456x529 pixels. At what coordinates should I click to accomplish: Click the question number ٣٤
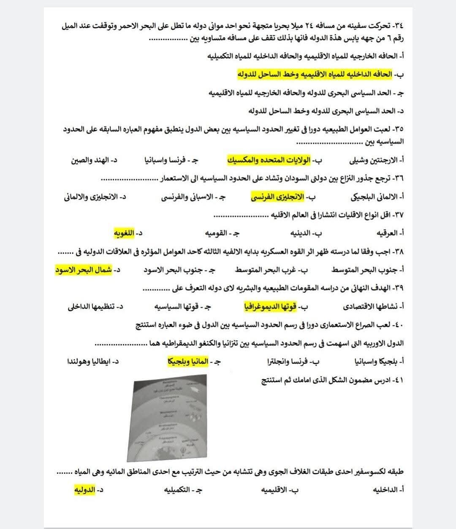pos(398,26)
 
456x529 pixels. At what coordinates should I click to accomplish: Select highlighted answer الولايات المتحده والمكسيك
pos(267,160)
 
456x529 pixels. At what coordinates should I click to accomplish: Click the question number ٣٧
pos(398,215)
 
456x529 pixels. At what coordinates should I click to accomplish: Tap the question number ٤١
pos(398,380)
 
